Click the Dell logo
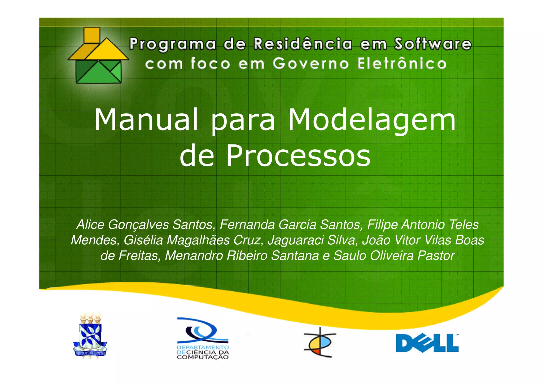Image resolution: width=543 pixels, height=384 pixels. point(427,343)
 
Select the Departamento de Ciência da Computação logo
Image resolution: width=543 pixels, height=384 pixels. point(203,338)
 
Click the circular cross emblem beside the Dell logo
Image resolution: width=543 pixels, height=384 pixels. point(320,342)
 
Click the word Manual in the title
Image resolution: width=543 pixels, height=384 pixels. point(146,120)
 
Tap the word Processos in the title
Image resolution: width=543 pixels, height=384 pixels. point(298,156)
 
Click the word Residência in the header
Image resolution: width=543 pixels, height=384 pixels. point(303,44)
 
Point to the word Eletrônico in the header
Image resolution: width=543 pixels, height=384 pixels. point(401,64)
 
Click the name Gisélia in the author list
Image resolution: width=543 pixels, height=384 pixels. point(143,240)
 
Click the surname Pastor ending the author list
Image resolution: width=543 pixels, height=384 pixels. point(436,256)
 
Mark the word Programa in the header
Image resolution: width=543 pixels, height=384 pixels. point(172,44)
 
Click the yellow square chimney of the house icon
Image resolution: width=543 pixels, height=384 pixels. point(91,35)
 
